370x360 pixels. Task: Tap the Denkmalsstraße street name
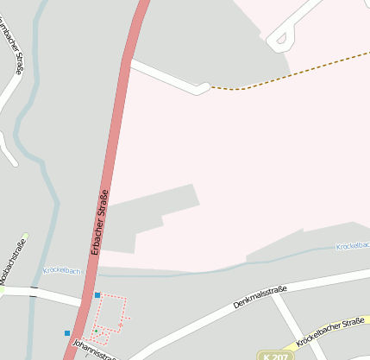click(260, 298)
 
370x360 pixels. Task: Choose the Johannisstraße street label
click(95, 351)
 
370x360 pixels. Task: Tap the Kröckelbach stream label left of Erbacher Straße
click(61, 270)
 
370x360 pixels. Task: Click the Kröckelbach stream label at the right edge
click(354, 246)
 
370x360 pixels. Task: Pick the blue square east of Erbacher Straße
click(97, 295)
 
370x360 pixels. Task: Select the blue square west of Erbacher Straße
click(67, 332)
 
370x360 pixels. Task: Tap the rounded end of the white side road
click(204, 87)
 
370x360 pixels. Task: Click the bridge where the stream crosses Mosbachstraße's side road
click(34, 293)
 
